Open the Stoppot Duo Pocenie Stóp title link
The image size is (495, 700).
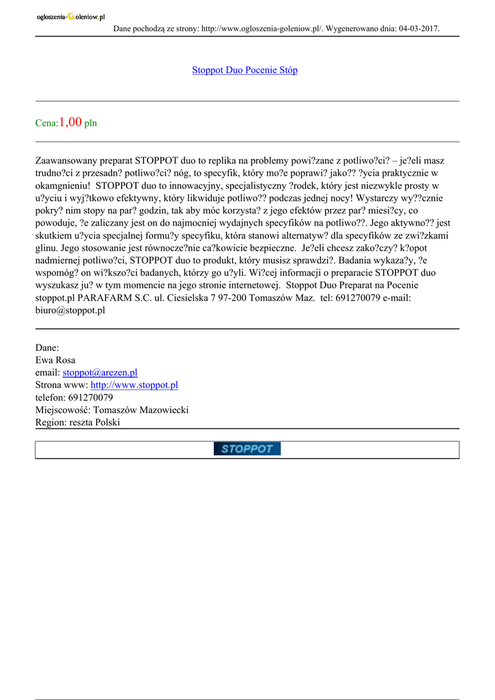(x=244, y=70)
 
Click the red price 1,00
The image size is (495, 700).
(x=70, y=122)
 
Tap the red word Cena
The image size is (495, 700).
(x=46, y=124)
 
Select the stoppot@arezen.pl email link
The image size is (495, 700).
(x=100, y=373)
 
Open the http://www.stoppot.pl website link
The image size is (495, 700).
(x=134, y=385)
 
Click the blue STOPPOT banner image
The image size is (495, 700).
(x=246, y=449)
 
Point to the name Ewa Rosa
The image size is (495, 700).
(x=55, y=360)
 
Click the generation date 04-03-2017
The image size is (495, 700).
(x=416, y=29)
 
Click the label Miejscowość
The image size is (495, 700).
(x=62, y=409)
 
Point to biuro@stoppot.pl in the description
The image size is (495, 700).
(x=70, y=309)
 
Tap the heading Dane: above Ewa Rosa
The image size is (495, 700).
(x=47, y=348)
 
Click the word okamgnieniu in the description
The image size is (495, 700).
(x=61, y=186)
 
